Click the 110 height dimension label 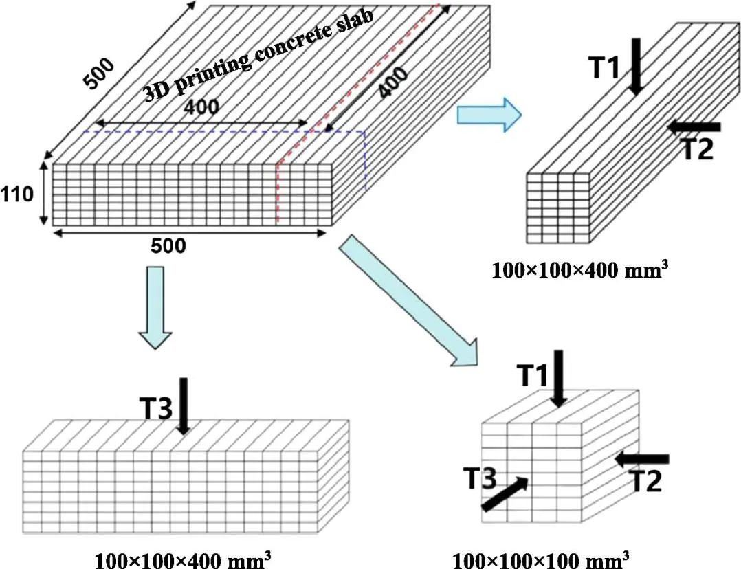(16, 194)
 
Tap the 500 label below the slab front (168, 246)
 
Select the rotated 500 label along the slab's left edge (99, 74)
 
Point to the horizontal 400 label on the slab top (201, 107)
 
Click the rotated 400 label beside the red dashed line (393, 82)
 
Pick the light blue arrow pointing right (489, 114)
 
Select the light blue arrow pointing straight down (155, 308)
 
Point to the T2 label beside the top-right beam (698, 150)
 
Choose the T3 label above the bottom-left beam (156, 408)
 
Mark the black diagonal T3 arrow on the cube (505, 493)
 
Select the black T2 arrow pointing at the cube (642, 458)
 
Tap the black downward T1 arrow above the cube (559, 378)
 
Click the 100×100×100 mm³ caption (541, 559)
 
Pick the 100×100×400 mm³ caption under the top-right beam (580, 270)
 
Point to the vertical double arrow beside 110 (44, 194)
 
